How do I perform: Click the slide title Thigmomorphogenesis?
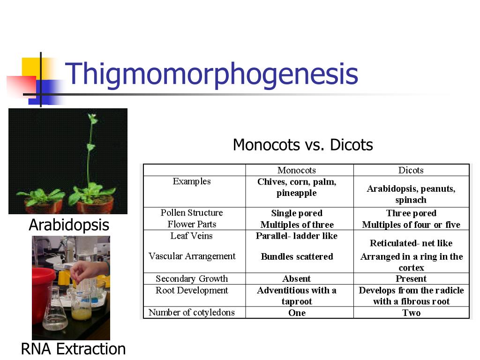(x=211, y=74)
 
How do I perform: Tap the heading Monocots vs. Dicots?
(x=303, y=145)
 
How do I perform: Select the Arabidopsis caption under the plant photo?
(x=69, y=225)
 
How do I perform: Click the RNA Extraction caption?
(x=73, y=349)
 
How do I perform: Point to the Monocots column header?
(x=297, y=170)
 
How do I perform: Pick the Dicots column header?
(x=411, y=170)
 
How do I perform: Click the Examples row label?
(x=192, y=181)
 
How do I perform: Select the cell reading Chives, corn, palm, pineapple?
(x=297, y=187)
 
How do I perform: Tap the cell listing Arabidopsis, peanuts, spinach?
(x=411, y=194)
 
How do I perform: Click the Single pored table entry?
(x=297, y=213)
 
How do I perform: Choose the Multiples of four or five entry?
(x=411, y=225)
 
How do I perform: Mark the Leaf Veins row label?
(x=191, y=236)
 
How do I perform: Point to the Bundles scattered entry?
(x=297, y=256)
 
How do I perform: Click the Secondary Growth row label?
(x=192, y=279)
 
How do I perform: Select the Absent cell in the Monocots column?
(x=297, y=279)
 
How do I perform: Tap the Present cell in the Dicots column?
(x=411, y=279)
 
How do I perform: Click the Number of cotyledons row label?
(x=192, y=313)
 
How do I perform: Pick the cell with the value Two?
(x=411, y=313)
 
